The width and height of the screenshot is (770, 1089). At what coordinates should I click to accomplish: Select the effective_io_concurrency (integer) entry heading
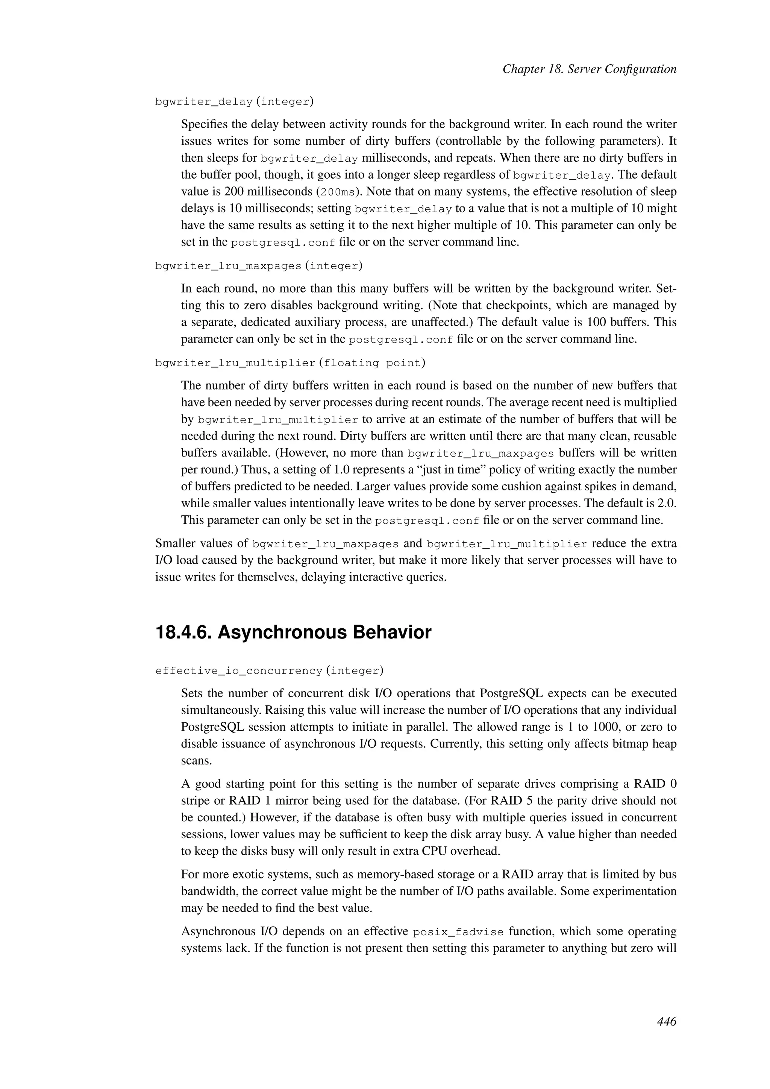269,671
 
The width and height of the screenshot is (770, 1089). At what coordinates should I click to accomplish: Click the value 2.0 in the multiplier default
667,503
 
